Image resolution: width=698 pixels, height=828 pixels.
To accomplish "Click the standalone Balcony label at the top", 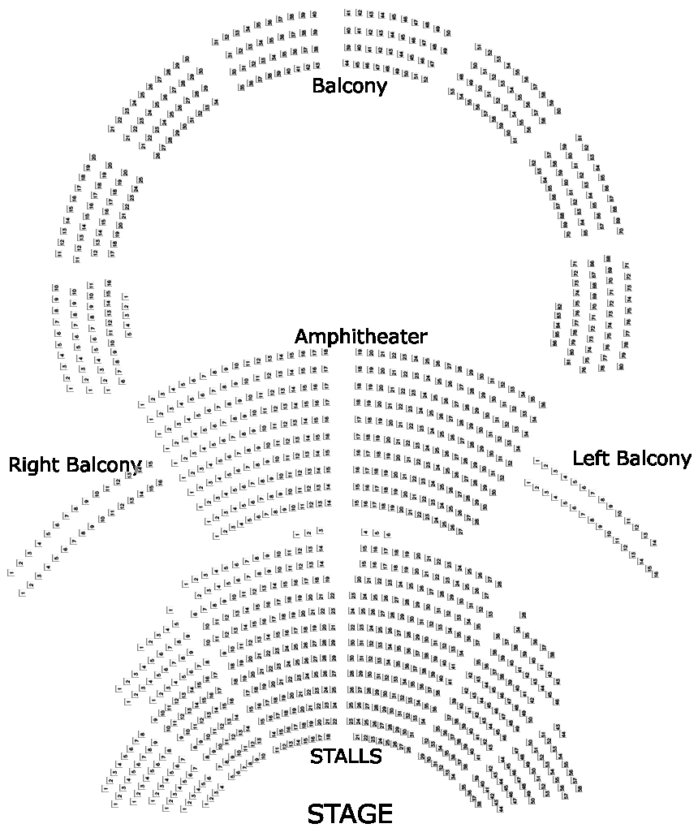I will click(x=349, y=85).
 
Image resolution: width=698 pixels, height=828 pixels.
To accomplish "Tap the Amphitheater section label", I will click(x=360, y=336).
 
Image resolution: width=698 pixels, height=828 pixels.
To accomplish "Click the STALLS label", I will click(x=346, y=757).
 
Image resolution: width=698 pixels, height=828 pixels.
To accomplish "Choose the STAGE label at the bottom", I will click(x=350, y=813).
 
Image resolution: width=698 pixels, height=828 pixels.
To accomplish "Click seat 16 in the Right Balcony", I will click(x=159, y=483).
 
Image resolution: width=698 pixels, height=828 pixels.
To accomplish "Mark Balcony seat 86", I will click(x=554, y=343).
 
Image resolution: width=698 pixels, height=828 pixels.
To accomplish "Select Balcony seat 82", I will click(x=558, y=306).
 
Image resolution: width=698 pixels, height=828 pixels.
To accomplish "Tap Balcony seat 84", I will click(x=557, y=326).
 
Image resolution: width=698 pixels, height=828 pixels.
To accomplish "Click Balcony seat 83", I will click(x=558, y=316).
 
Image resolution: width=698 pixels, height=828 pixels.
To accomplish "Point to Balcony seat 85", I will click(x=556, y=334).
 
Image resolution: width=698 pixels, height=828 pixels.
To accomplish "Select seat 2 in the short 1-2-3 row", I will click(x=308, y=533).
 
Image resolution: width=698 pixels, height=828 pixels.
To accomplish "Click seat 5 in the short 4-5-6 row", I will click(x=376, y=533).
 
